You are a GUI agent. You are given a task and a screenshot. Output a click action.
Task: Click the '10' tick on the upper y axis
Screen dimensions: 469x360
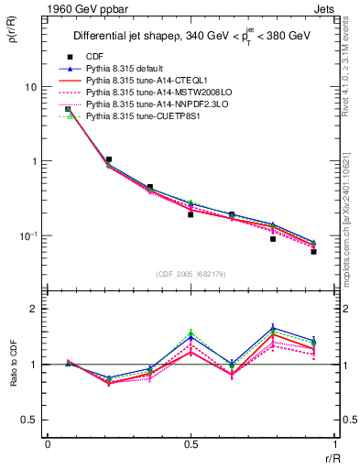coord(30,87)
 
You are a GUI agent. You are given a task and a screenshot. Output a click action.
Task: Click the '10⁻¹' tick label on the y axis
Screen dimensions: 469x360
coord(28,235)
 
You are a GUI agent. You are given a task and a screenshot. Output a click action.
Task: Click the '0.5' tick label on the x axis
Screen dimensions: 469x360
coord(191,444)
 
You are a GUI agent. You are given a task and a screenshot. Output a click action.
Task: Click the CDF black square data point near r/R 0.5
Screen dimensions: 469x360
coord(191,214)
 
